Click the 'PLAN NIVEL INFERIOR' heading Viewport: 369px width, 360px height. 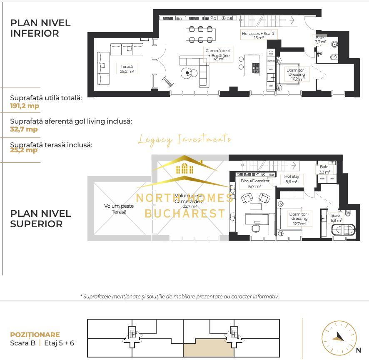(40, 28)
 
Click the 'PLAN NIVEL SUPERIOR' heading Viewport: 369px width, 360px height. (40, 218)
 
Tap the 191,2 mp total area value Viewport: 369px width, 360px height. (24, 106)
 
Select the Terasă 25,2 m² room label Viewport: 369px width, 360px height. (127, 69)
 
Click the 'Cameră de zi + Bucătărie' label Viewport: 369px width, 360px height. (218, 55)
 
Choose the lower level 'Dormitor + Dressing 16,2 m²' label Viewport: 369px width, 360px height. (297, 74)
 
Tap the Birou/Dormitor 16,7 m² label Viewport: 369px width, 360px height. (255, 184)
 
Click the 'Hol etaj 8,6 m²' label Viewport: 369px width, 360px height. (291, 179)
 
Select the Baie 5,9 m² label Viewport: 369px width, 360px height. (336, 218)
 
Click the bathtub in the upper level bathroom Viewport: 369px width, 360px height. (342, 230)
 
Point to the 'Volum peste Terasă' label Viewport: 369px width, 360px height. (119, 209)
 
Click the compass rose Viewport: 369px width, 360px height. (339, 338)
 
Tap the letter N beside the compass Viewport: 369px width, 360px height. (358, 350)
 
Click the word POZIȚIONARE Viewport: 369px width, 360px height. (35, 335)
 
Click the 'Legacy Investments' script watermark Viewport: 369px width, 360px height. (184, 139)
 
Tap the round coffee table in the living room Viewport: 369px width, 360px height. (188, 74)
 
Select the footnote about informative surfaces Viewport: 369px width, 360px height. (179, 296)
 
